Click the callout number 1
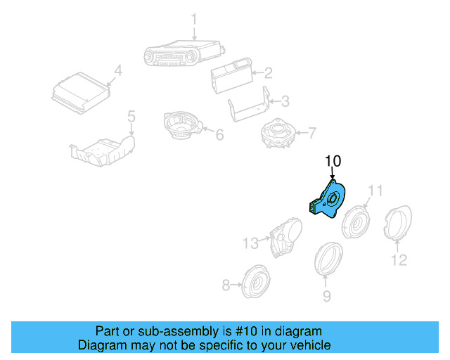click(x=195, y=19)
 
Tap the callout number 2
click(x=268, y=72)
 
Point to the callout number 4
click(x=118, y=71)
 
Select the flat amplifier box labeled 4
click(x=81, y=95)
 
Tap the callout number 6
click(x=219, y=133)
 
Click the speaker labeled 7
click(x=277, y=134)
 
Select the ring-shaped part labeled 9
click(x=328, y=261)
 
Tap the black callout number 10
click(x=333, y=162)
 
